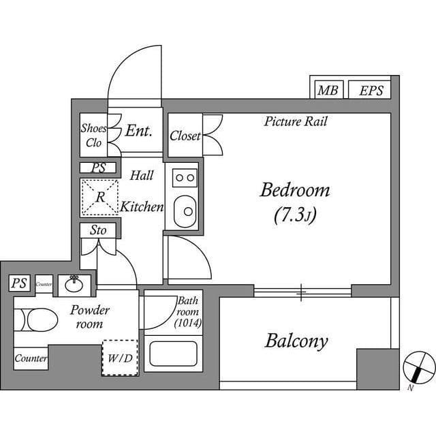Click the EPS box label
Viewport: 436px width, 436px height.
point(371,90)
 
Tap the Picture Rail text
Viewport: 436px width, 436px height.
point(296,122)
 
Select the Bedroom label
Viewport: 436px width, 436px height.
point(294,190)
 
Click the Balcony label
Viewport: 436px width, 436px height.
point(296,341)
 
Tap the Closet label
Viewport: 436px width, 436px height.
point(185,136)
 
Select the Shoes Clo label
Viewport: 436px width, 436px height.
point(93,136)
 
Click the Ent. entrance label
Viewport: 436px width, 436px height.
point(138,131)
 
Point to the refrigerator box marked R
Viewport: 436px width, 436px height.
point(99,197)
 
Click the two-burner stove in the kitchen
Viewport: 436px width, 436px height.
point(185,178)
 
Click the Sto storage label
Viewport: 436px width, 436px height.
point(98,230)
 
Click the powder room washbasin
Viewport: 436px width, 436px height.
point(74,283)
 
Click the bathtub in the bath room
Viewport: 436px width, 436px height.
point(172,354)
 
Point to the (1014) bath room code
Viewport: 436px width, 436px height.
point(188,323)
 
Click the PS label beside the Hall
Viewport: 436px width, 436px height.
point(98,168)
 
